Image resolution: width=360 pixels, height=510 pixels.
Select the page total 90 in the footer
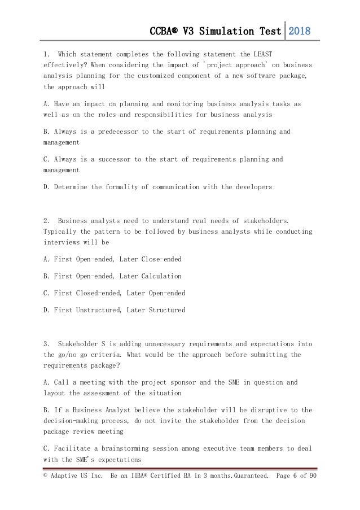311,476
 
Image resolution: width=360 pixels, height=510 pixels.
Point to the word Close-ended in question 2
151,259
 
